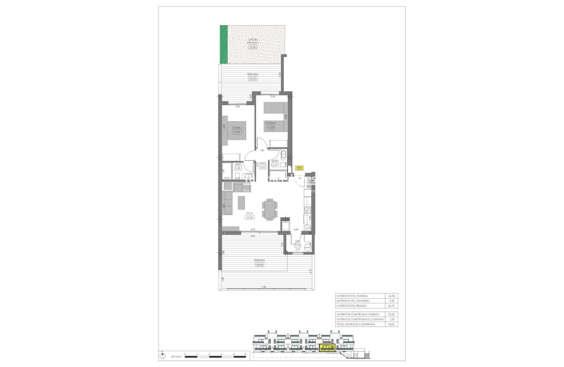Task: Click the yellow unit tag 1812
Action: (x=299, y=168)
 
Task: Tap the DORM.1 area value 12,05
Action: (x=236, y=132)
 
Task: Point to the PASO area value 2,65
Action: (x=263, y=167)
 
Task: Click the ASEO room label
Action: (x=238, y=164)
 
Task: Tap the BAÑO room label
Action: (x=275, y=161)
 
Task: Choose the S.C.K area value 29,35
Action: (x=250, y=217)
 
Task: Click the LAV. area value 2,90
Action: (x=298, y=245)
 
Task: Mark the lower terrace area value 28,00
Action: (x=259, y=264)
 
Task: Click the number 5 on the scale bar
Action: (x=246, y=354)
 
